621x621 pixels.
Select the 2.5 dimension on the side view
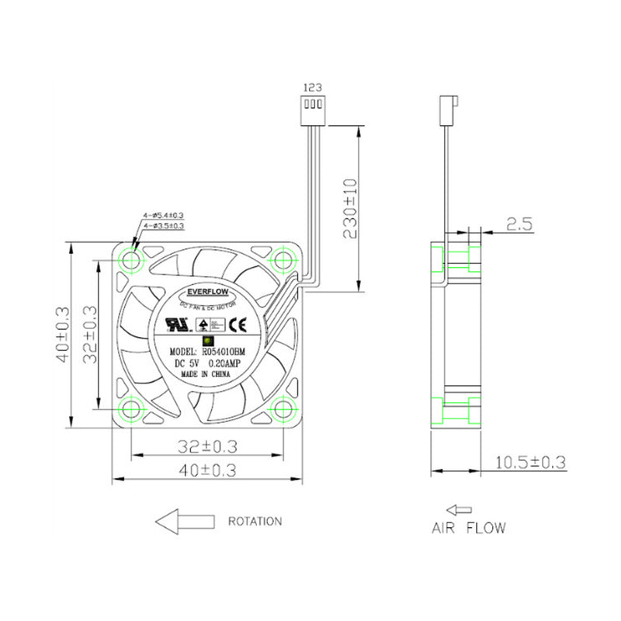[x=518, y=224]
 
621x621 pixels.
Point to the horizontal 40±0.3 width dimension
[x=207, y=470]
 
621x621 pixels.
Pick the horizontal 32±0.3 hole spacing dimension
[x=207, y=446]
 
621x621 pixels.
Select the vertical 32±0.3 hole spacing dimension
[x=89, y=334]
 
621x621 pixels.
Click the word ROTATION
[x=255, y=521]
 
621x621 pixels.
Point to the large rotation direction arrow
[x=184, y=522]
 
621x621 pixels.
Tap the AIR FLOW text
[x=469, y=528]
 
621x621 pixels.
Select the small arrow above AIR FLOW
[x=459, y=510]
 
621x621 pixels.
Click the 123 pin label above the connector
[x=314, y=88]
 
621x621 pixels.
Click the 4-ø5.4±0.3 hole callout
[x=163, y=215]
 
